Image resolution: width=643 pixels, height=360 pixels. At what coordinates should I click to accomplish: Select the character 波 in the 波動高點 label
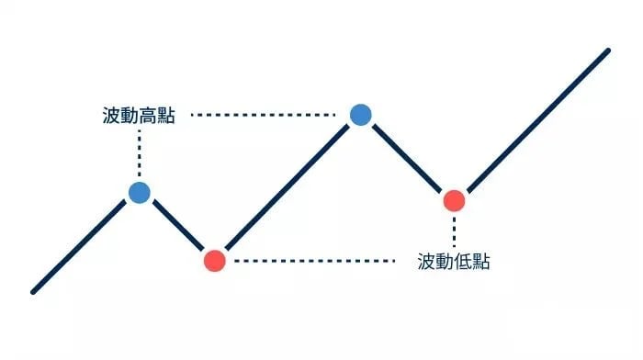[111, 115]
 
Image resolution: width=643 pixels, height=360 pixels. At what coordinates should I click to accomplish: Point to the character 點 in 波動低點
[481, 261]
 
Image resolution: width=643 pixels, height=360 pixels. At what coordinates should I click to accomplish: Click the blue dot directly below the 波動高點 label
[140, 193]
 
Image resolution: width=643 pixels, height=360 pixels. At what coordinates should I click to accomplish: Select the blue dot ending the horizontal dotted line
[361, 115]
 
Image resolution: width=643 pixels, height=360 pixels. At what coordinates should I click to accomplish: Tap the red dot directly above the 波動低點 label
[455, 200]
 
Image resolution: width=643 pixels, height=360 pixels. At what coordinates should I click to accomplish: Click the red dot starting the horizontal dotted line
[215, 261]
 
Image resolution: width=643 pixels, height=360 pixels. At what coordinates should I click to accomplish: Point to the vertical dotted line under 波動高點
[140, 153]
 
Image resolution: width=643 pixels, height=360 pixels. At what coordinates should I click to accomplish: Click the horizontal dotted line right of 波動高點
[264, 115]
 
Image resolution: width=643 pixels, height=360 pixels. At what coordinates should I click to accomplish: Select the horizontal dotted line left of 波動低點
[315, 261]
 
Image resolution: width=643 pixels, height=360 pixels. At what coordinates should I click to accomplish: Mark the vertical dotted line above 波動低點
[454, 231]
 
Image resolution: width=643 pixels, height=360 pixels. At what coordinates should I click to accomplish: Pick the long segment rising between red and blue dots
[287, 187]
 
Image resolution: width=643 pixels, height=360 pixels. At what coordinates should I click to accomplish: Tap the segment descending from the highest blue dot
[407, 158]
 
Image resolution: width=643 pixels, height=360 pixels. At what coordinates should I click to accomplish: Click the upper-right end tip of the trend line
[608, 51]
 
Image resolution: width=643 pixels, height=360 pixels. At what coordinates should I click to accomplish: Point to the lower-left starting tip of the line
[33, 292]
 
